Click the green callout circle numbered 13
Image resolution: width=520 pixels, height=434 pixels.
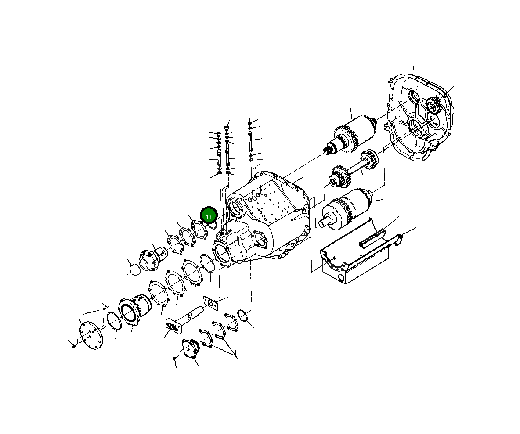[x=209, y=216]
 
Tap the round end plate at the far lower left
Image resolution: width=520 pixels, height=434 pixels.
[x=90, y=334]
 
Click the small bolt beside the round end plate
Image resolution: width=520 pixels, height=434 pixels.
[x=73, y=346]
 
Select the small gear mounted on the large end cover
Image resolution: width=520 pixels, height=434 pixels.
[x=433, y=105]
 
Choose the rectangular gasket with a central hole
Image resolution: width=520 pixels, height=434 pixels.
[x=211, y=303]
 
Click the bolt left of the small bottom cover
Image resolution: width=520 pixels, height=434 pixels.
[x=175, y=359]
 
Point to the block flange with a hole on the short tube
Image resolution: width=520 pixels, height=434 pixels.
[x=172, y=326]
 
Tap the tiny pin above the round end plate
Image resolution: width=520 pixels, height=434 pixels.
[x=105, y=305]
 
